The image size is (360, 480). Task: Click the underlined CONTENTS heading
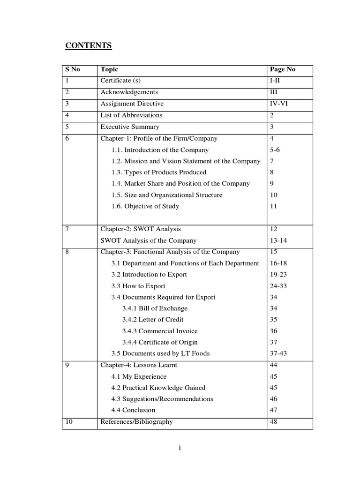pyautogui.click(x=88, y=46)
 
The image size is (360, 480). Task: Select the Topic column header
pyautogui.click(x=109, y=69)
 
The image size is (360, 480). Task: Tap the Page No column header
pyautogui.click(x=283, y=69)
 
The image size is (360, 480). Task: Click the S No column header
pyautogui.click(x=72, y=69)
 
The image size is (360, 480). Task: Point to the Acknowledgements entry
pyautogui.click(x=129, y=92)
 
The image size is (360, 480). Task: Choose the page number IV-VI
pyautogui.click(x=279, y=104)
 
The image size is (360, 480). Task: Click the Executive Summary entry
pyautogui.click(x=130, y=127)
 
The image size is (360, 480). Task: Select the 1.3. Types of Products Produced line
pyautogui.click(x=158, y=172)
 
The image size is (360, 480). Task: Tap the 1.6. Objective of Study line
pyautogui.click(x=145, y=206)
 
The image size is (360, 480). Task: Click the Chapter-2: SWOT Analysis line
pyautogui.click(x=141, y=229)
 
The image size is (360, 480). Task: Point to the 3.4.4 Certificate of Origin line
pyautogui.click(x=160, y=342)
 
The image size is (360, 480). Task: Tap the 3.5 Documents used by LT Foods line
pyautogui.click(x=160, y=353)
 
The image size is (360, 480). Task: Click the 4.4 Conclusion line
pyautogui.click(x=133, y=410)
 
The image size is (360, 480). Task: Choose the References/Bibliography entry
pyautogui.click(x=136, y=421)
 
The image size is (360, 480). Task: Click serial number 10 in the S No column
pyautogui.click(x=69, y=421)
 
